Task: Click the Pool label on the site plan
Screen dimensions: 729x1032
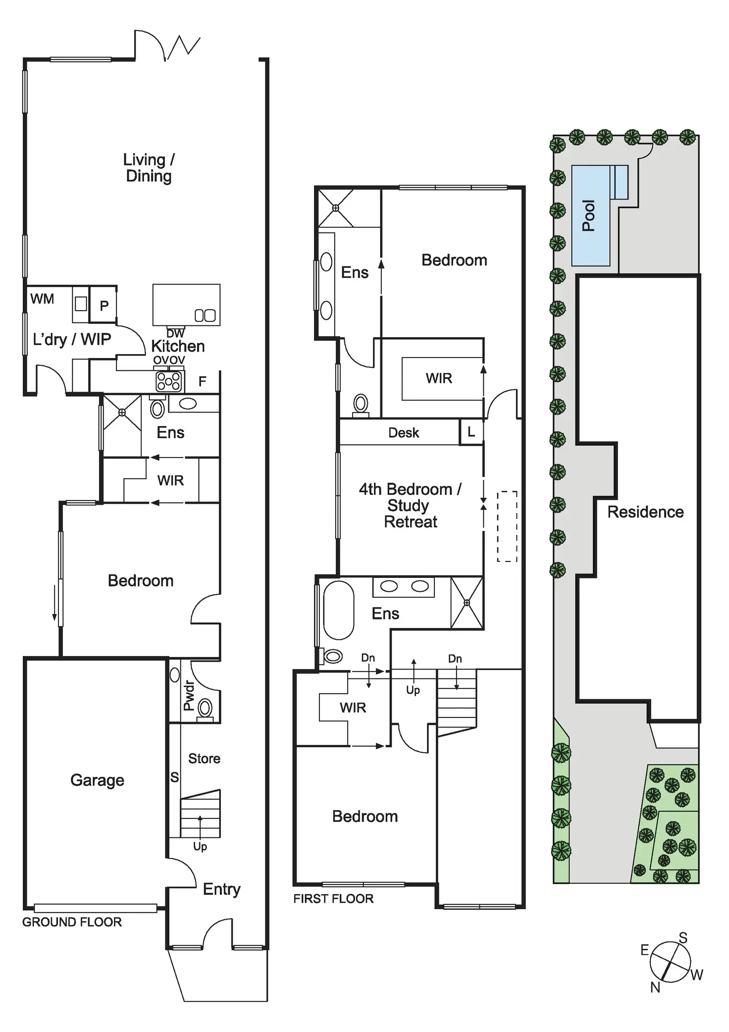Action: pos(589,215)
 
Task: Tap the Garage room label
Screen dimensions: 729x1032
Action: pos(97,780)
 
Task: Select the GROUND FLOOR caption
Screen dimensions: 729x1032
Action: pos(72,922)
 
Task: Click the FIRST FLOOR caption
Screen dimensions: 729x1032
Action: pos(333,899)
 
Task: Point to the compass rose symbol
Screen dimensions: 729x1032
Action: pos(670,963)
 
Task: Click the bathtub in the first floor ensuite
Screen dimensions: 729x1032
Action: pos(339,610)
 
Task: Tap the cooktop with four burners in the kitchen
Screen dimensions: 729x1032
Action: pos(169,382)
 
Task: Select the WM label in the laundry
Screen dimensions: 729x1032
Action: pos(42,299)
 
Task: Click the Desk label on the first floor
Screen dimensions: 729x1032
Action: pos(404,433)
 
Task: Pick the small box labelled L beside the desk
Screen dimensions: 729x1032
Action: pos(471,432)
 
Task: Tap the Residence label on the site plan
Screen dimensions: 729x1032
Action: pos(645,512)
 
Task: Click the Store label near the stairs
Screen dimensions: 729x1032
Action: pos(204,758)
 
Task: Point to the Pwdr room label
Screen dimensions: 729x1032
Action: pos(189,695)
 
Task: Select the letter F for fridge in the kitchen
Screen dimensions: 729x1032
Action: pos(202,381)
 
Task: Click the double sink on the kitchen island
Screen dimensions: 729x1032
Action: pos(205,315)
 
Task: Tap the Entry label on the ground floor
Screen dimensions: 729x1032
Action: pos(221,889)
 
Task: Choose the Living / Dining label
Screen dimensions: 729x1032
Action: pos(149,167)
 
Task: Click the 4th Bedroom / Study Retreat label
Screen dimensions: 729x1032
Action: pos(410,505)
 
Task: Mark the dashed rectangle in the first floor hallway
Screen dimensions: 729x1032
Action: pos(507,526)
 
